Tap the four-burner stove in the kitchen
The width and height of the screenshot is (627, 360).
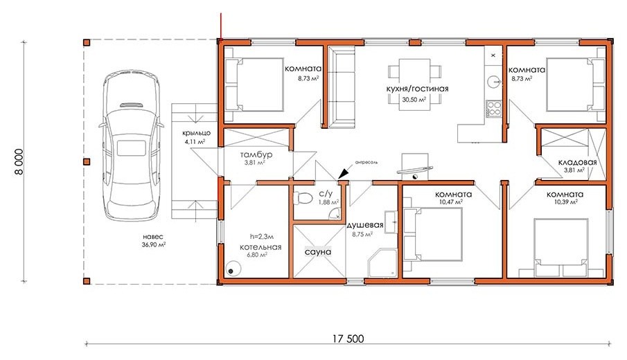point(493,109)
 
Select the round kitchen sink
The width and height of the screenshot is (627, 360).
point(493,82)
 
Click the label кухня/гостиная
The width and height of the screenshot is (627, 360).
point(418,89)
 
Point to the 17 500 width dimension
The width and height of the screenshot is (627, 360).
point(348,339)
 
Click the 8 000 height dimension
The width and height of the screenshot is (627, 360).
point(19,161)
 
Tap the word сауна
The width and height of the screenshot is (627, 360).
point(318,252)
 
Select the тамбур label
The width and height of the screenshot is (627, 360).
point(256,154)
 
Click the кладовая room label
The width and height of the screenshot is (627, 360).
point(577,162)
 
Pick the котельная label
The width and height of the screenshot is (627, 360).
point(260,247)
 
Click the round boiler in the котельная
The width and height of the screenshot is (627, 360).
point(232,268)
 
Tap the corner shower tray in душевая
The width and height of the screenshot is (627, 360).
point(382,263)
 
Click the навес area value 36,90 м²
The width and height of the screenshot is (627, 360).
point(154,244)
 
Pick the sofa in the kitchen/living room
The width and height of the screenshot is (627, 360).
point(342,87)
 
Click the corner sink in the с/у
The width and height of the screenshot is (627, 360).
point(335,215)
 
